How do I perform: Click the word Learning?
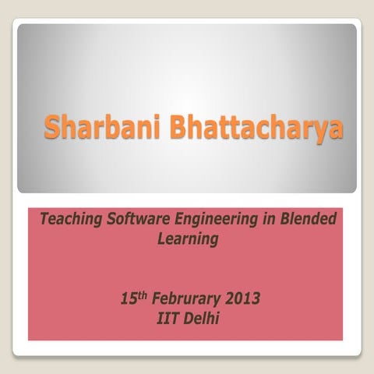point(187,239)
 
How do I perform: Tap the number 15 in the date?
point(129,298)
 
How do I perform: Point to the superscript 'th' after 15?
point(143,295)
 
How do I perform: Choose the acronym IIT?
point(168,318)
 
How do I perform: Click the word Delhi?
point(200,318)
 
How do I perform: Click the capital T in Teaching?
point(44,220)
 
